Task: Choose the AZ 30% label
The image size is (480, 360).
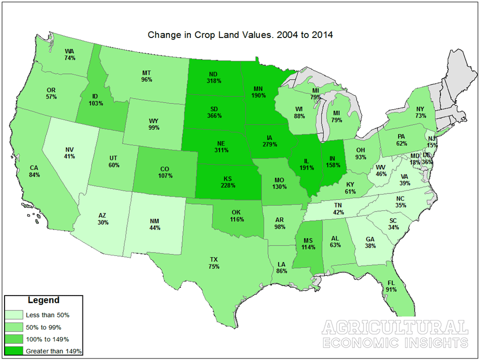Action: (103, 219)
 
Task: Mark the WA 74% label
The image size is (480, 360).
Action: (70, 54)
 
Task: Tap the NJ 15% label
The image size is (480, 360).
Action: (430, 141)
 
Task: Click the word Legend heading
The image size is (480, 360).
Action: (43, 300)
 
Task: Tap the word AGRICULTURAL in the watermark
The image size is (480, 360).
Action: (395, 328)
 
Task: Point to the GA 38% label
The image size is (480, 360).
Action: (371, 242)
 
